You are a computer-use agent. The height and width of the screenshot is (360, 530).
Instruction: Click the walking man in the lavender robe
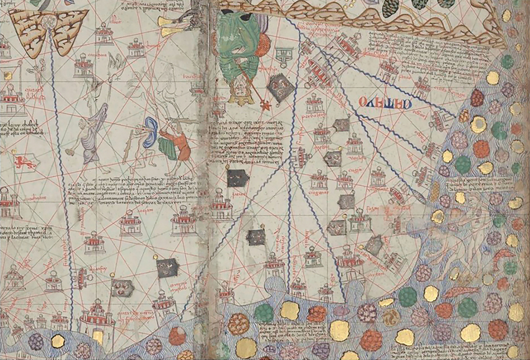pos(96,131)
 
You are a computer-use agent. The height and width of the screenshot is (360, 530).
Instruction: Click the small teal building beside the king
pos(284,56)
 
